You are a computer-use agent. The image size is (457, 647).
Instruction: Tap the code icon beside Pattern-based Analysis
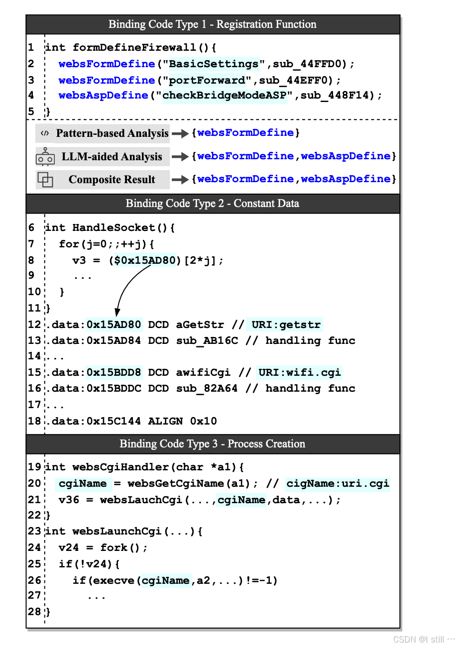click(x=45, y=133)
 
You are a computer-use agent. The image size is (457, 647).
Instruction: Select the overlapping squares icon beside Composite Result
click(x=45, y=179)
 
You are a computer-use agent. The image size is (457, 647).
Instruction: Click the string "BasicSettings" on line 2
click(x=214, y=64)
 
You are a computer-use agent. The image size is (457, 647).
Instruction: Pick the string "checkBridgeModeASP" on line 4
click(x=226, y=96)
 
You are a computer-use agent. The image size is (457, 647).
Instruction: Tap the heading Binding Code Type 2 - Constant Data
click(x=213, y=203)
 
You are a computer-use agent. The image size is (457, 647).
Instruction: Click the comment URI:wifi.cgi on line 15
click(x=299, y=373)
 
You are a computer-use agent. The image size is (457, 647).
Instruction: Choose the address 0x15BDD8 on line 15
click(x=114, y=373)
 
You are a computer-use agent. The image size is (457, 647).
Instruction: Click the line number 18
click(x=34, y=421)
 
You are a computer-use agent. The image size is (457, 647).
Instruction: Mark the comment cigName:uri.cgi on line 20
click(x=338, y=483)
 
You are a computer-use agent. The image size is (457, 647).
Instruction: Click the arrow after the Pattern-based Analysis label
click(x=180, y=133)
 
